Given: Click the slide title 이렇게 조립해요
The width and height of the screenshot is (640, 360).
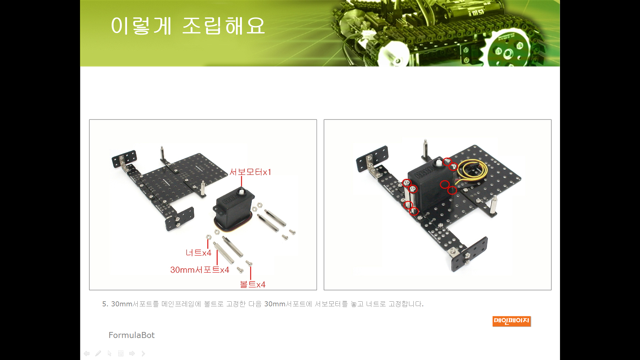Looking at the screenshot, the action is tap(188, 26).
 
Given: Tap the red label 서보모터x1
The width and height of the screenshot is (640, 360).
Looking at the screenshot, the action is tap(250, 172).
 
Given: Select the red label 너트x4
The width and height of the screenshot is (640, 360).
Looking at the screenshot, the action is tap(198, 253).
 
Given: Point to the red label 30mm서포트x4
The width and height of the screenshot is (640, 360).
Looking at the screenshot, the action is tap(200, 270).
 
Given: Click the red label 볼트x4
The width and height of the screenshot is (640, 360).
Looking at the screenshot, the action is tap(253, 284).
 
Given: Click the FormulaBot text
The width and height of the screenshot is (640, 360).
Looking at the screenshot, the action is tap(132, 335).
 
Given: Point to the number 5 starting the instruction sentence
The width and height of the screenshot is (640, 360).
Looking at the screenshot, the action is tap(104, 304).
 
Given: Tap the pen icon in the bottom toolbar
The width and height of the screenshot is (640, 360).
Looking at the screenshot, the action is tap(98, 353).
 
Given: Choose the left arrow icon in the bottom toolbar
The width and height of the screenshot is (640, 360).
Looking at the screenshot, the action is tap(87, 353).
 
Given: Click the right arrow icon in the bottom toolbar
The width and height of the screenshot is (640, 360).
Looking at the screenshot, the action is tap(132, 353).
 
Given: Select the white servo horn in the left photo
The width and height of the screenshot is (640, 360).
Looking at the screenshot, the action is tap(241, 192).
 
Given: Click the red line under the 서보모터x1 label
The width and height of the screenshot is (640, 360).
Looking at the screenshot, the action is tap(242, 182).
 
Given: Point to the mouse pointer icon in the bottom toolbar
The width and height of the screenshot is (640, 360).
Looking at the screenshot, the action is tap(110, 353).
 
